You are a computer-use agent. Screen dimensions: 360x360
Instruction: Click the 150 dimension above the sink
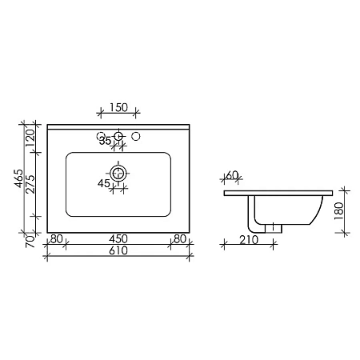pyautogui.click(x=118, y=107)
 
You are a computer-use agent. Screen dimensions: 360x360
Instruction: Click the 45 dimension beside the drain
pyautogui.click(x=104, y=183)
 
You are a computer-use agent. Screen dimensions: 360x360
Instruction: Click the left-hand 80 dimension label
pyautogui.click(x=56, y=238)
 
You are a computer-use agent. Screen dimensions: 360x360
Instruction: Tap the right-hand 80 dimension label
pyautogui.click(x=180, y=238)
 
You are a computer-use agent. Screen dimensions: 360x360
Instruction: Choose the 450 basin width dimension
pyautogui.click(x=118, y=238)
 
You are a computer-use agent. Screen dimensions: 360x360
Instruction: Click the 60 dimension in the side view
pyautogui.click(x=233, y=175)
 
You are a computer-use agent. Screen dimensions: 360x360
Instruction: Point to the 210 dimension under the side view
pyautogui.click(x=247, y=239)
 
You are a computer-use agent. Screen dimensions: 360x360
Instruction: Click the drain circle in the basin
pyautogui.click(x=118, y=172)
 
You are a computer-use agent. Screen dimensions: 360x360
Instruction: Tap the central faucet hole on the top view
pyautogui.click(x=118, y=137)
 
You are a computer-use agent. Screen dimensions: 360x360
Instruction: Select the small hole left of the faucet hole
pyautogui.click(x=101, y=135)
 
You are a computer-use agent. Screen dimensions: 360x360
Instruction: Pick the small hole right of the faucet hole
pyautogui.click(x=136, y=135)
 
